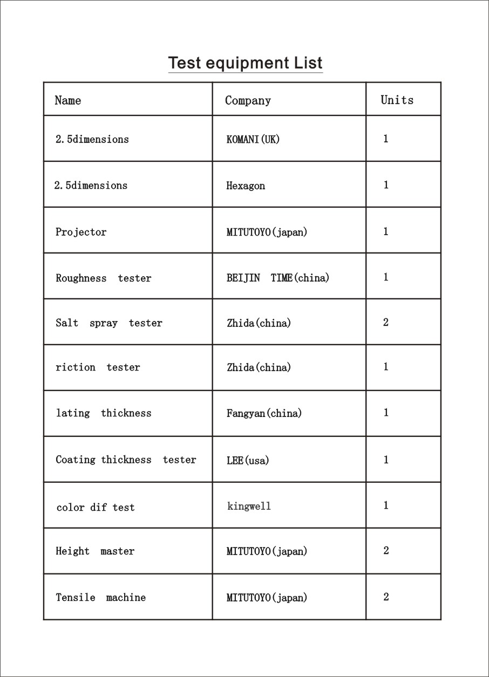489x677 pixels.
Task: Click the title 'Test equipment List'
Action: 245,63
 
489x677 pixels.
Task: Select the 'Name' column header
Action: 68,100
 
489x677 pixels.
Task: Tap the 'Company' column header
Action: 248,100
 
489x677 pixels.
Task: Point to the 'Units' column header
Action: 397,100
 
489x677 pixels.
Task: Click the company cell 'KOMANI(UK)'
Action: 253,139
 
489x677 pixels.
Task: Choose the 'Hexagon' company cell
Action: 246,186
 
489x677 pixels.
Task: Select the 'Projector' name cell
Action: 81,232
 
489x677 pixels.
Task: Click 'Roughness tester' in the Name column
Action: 104,278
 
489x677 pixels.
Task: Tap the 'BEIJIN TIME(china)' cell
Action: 278,278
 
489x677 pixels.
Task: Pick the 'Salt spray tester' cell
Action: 109,323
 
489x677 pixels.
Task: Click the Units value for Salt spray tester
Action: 386,323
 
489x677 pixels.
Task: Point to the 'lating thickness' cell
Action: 104,413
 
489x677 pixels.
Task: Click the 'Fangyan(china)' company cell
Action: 264,414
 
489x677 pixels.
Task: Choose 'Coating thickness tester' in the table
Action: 126,460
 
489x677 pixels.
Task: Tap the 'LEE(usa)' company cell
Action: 248,461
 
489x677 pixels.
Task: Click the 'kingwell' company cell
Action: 249,506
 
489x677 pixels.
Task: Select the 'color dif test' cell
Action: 96,507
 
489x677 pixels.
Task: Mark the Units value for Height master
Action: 386,551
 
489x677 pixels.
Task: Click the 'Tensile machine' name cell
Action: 101,598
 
